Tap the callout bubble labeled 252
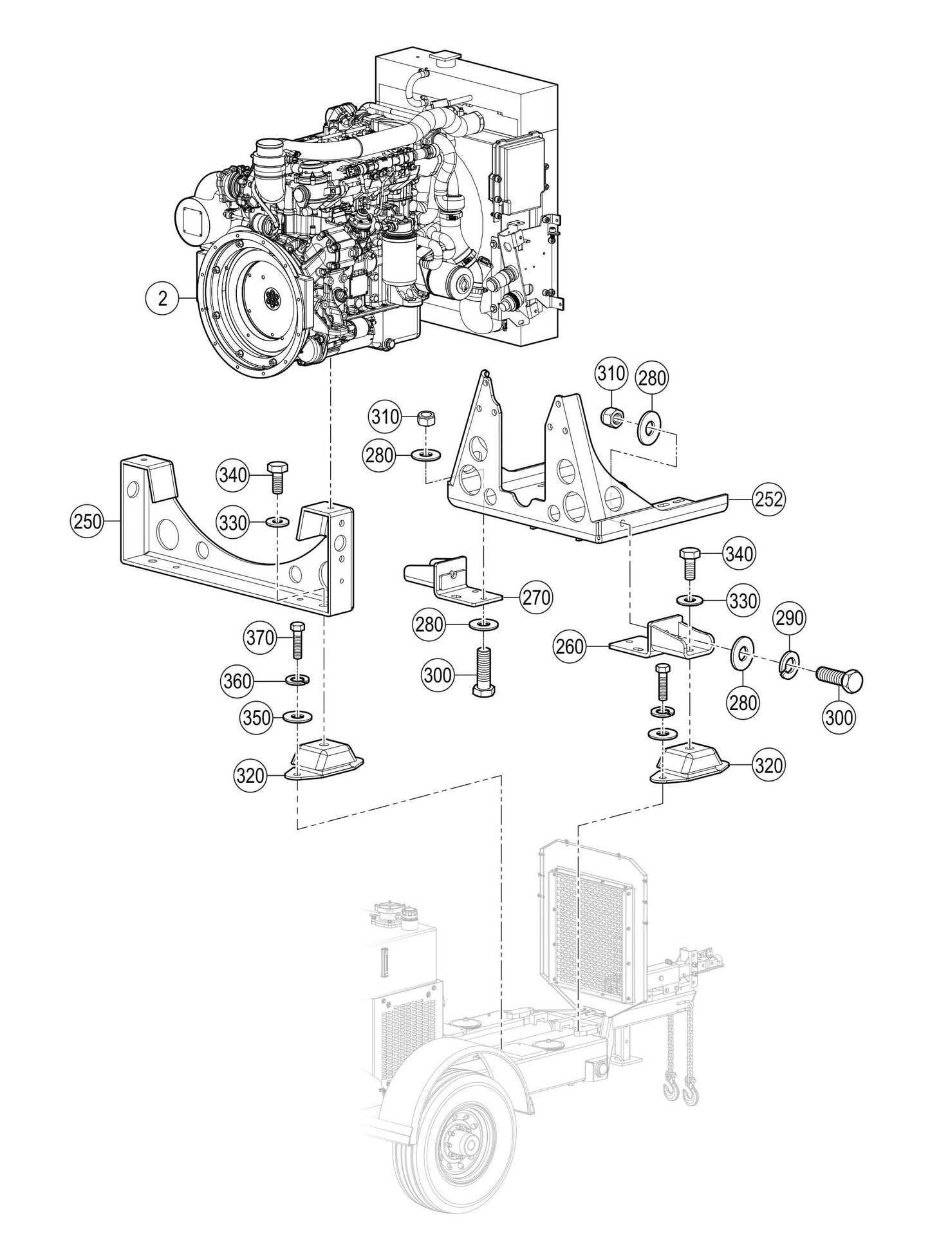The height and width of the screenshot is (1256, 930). (x=768, y=498)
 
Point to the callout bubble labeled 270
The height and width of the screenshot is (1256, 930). (x=536, y=598)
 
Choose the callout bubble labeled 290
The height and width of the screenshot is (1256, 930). (x=789, y=619)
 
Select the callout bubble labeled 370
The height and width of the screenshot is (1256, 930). (x=261, y=637)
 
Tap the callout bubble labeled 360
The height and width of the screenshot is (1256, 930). (x=237, y=680)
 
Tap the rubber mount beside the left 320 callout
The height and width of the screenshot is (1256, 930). (x=326, y=759)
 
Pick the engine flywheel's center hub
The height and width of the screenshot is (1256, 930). (x=272, y=299)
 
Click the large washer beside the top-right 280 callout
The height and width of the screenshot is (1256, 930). (x=647, y=427)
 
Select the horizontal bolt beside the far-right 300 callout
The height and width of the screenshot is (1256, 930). (x=838, y=678)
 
